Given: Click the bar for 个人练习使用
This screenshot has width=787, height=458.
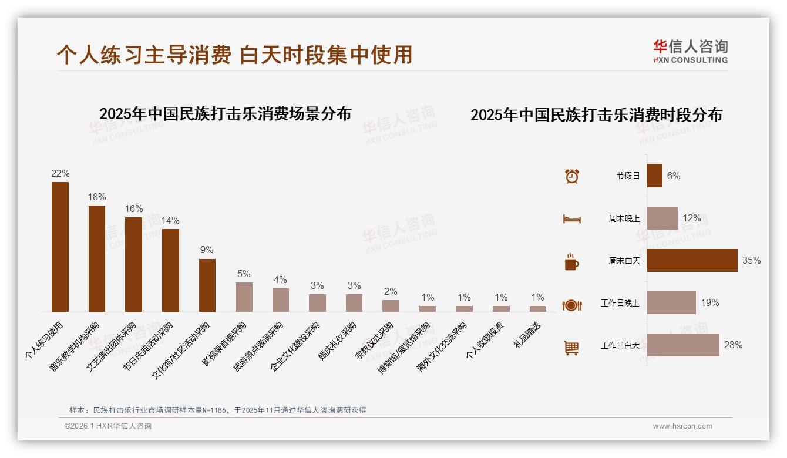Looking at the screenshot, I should pos(60,247).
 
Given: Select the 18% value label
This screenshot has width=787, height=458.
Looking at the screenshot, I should pos(97,197).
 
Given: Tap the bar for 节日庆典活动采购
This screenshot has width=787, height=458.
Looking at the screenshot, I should pos(170,270).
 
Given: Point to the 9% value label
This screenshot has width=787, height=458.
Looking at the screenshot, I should pos(207,250).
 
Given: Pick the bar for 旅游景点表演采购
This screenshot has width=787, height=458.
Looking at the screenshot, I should pos(281,300).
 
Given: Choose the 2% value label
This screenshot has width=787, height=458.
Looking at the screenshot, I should pos(391,292).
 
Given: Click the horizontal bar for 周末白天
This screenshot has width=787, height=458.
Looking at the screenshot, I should pos(692,260).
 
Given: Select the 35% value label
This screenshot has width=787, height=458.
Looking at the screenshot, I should pos(751,260).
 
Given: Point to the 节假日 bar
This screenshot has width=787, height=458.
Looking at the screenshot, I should pos(654,176).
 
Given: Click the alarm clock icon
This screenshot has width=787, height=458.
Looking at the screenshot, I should pos(571,176).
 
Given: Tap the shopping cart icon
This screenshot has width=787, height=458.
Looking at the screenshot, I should pos(571,348).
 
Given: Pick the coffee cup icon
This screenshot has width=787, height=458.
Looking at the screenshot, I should pos(571,262).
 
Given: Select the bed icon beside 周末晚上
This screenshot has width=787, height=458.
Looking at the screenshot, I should pos(571,219).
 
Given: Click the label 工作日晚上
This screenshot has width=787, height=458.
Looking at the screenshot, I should pos(620,303).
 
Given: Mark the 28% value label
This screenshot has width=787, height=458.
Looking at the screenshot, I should pos(733,345).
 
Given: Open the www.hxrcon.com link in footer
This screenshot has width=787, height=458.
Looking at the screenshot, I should pos(682,426).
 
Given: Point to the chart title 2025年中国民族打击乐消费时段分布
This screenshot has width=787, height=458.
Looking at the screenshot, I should pos(596,115).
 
